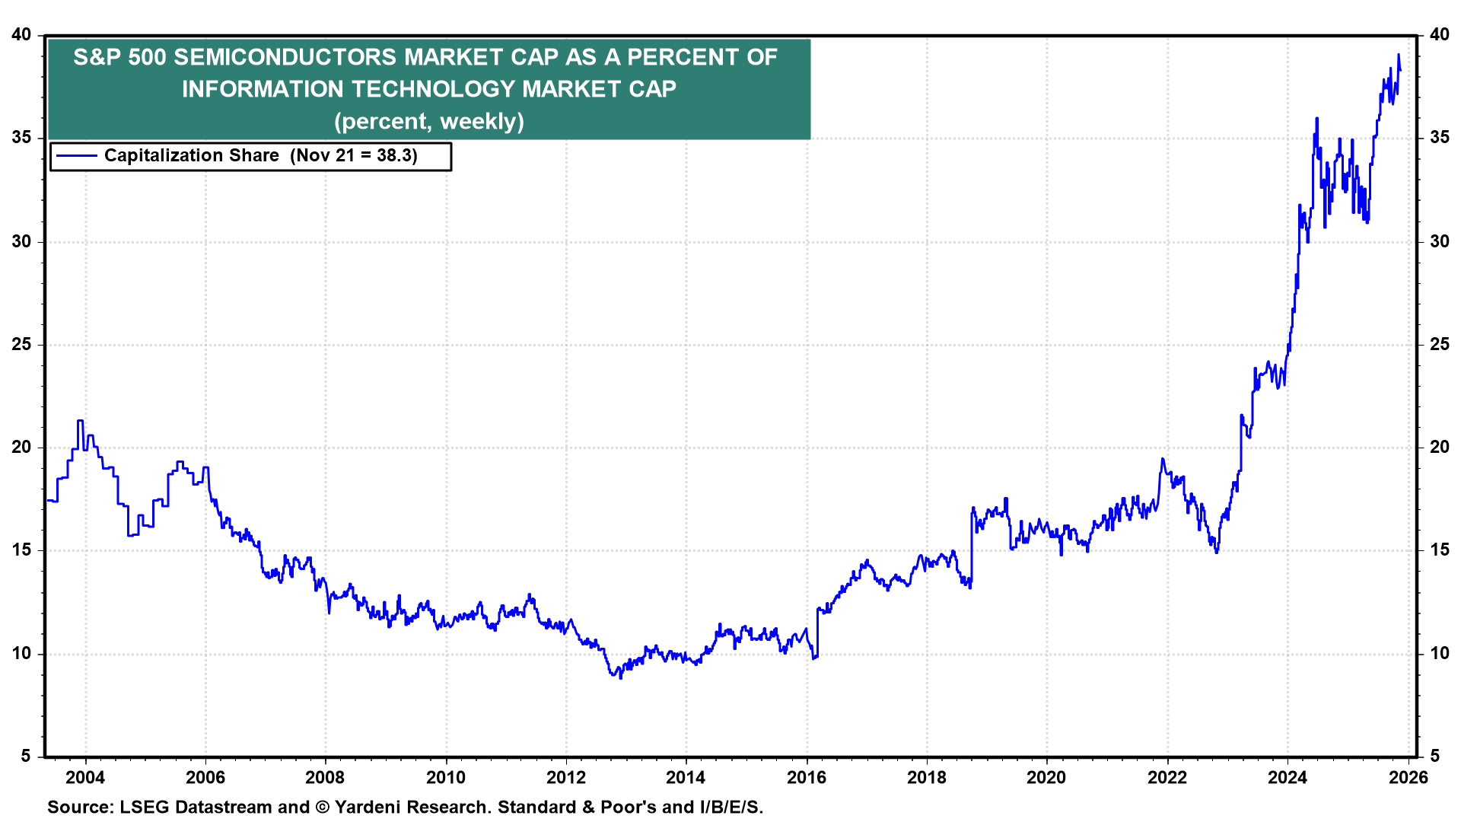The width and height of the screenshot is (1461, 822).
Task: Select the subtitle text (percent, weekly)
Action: [429, 121]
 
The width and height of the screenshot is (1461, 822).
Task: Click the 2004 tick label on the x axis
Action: [85, 777]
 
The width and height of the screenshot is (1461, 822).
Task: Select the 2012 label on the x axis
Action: [566, 777]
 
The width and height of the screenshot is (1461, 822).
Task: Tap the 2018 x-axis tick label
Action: [927, 777]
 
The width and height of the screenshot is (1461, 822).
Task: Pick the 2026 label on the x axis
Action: [1408, 777]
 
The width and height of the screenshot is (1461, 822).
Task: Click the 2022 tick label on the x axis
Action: [1167, 777]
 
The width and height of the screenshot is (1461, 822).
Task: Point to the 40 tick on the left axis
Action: [21, 35]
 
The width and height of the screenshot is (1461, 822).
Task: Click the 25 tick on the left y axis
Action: [21, 344]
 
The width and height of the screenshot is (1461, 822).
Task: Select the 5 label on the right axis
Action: [1435, 756]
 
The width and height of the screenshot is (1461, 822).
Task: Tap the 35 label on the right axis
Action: [1440, 138]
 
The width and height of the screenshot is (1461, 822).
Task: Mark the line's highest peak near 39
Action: [1399, 55]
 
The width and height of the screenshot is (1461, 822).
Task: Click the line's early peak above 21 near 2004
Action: [80, 421]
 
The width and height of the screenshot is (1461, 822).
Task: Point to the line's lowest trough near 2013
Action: [621, 677]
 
